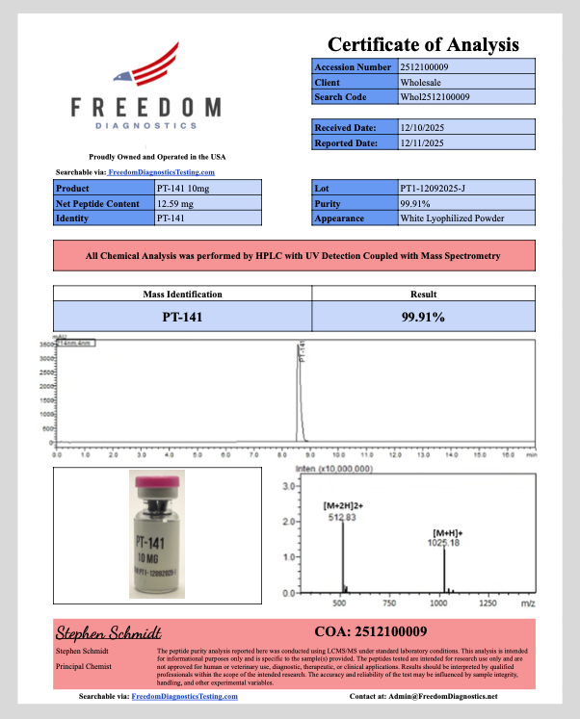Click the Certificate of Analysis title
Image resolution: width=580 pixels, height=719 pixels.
click(423, 44)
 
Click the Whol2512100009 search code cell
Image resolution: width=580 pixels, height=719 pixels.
click(435, 97)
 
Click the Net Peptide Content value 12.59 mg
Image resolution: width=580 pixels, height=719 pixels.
click(174, 203)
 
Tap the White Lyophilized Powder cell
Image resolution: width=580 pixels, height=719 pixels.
click(452, 218)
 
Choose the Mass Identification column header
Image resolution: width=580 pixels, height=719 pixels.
click(182, 295)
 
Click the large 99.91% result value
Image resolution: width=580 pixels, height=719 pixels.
click(422, 316)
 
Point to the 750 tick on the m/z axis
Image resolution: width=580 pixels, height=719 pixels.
click(388, 603)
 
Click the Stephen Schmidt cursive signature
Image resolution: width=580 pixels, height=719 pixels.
click(107, 633)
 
